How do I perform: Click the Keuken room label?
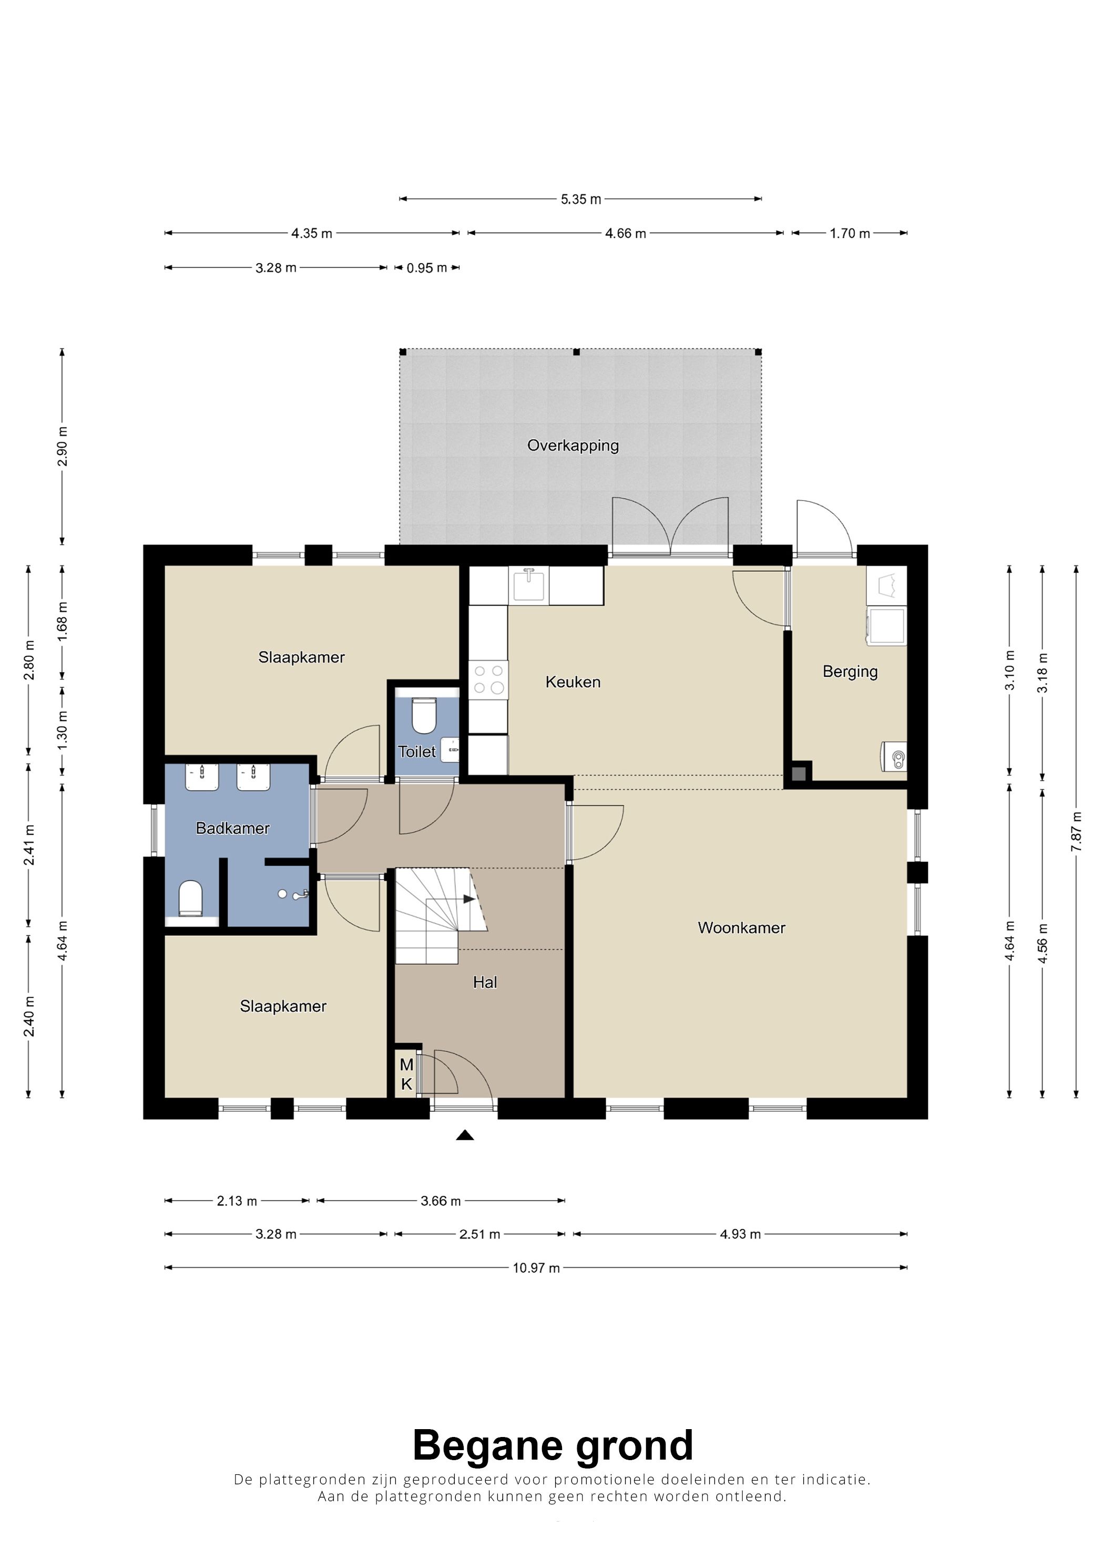pos(573,682)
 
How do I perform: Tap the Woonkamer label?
pos(741,928)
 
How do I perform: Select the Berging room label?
pos(850,671)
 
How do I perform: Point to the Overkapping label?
pos(573,446)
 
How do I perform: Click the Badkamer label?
pos(233,828)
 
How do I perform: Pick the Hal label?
pos(485,983)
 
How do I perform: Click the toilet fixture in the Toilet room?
pos(424,715)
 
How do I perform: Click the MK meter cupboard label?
pos(406,1075)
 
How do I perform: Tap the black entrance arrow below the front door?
pos(465,1135)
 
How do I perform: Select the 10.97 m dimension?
pos(536,1268)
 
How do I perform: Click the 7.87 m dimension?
pos(1076,832)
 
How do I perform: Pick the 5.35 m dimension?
pos(580,199)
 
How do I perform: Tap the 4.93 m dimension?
pos(740,1234)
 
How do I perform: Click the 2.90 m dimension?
pos(62,447)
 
